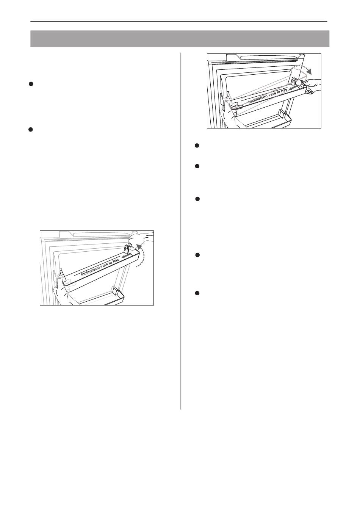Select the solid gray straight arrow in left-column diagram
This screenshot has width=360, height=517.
pyautogui.click(x=127, y=256)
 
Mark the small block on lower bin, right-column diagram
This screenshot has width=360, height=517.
pyautogui.click(x=282, y=113)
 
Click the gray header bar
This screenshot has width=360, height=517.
pyautogui.click(x=180, y=39)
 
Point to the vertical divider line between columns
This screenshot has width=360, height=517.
pyautogui.click(x=181, y=231)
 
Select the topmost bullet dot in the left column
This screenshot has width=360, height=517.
pyautogui.click(x=30, y=84)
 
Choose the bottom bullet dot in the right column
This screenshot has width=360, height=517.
pyautogui.click(x=197, y=293)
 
